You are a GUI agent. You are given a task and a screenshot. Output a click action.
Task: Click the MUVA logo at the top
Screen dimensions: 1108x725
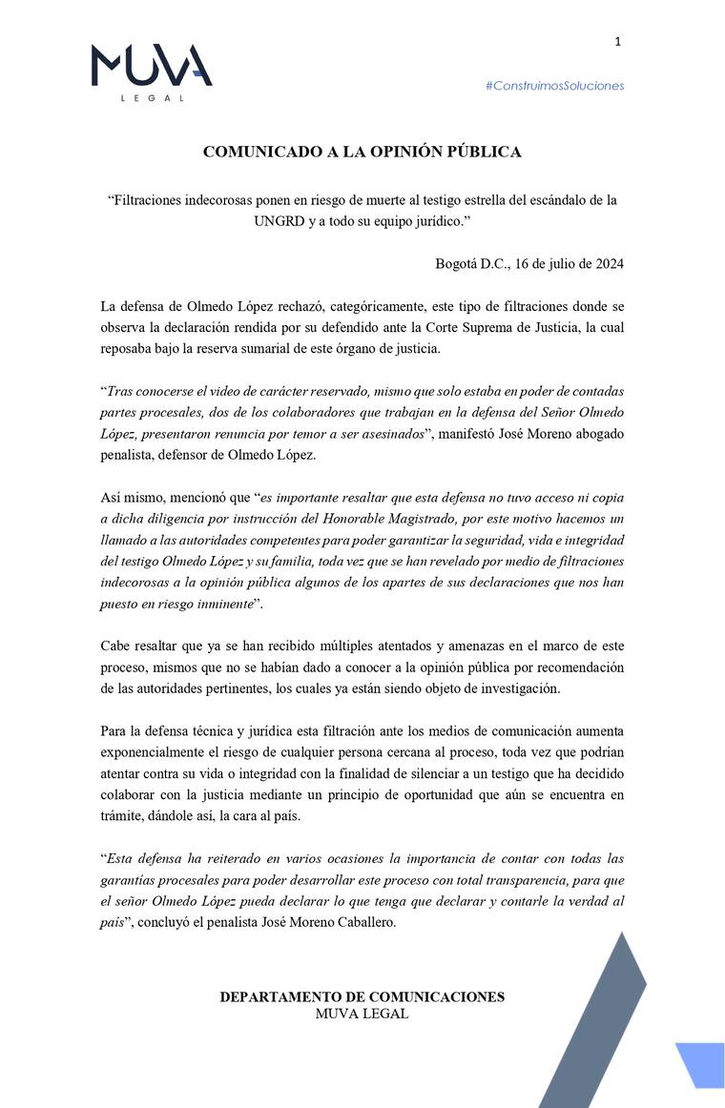pyautogui.click(x=152, y=67)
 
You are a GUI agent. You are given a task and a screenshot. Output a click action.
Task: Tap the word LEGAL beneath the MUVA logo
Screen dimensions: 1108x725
pyautogui.click(x=152, y=97)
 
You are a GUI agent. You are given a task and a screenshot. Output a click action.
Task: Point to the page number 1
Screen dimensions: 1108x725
pyautogui.click(x=617, y=41)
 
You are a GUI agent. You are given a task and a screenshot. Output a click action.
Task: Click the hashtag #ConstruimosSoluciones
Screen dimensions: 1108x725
pyautogui.click(x=554, y=86)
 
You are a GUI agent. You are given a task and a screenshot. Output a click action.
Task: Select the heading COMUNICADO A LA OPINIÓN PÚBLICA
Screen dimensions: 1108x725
pyautogui.click(x=362, y=152)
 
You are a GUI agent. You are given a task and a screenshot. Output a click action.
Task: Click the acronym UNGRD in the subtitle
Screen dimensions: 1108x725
pyautogui.click(x=276, y=220)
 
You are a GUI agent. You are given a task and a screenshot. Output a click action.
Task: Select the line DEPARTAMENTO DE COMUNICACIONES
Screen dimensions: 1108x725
pyautogui.click(x=362, y=997)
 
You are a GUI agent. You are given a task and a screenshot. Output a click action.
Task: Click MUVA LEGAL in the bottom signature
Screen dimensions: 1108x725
pyautogui.click(x=362, y=1014)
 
